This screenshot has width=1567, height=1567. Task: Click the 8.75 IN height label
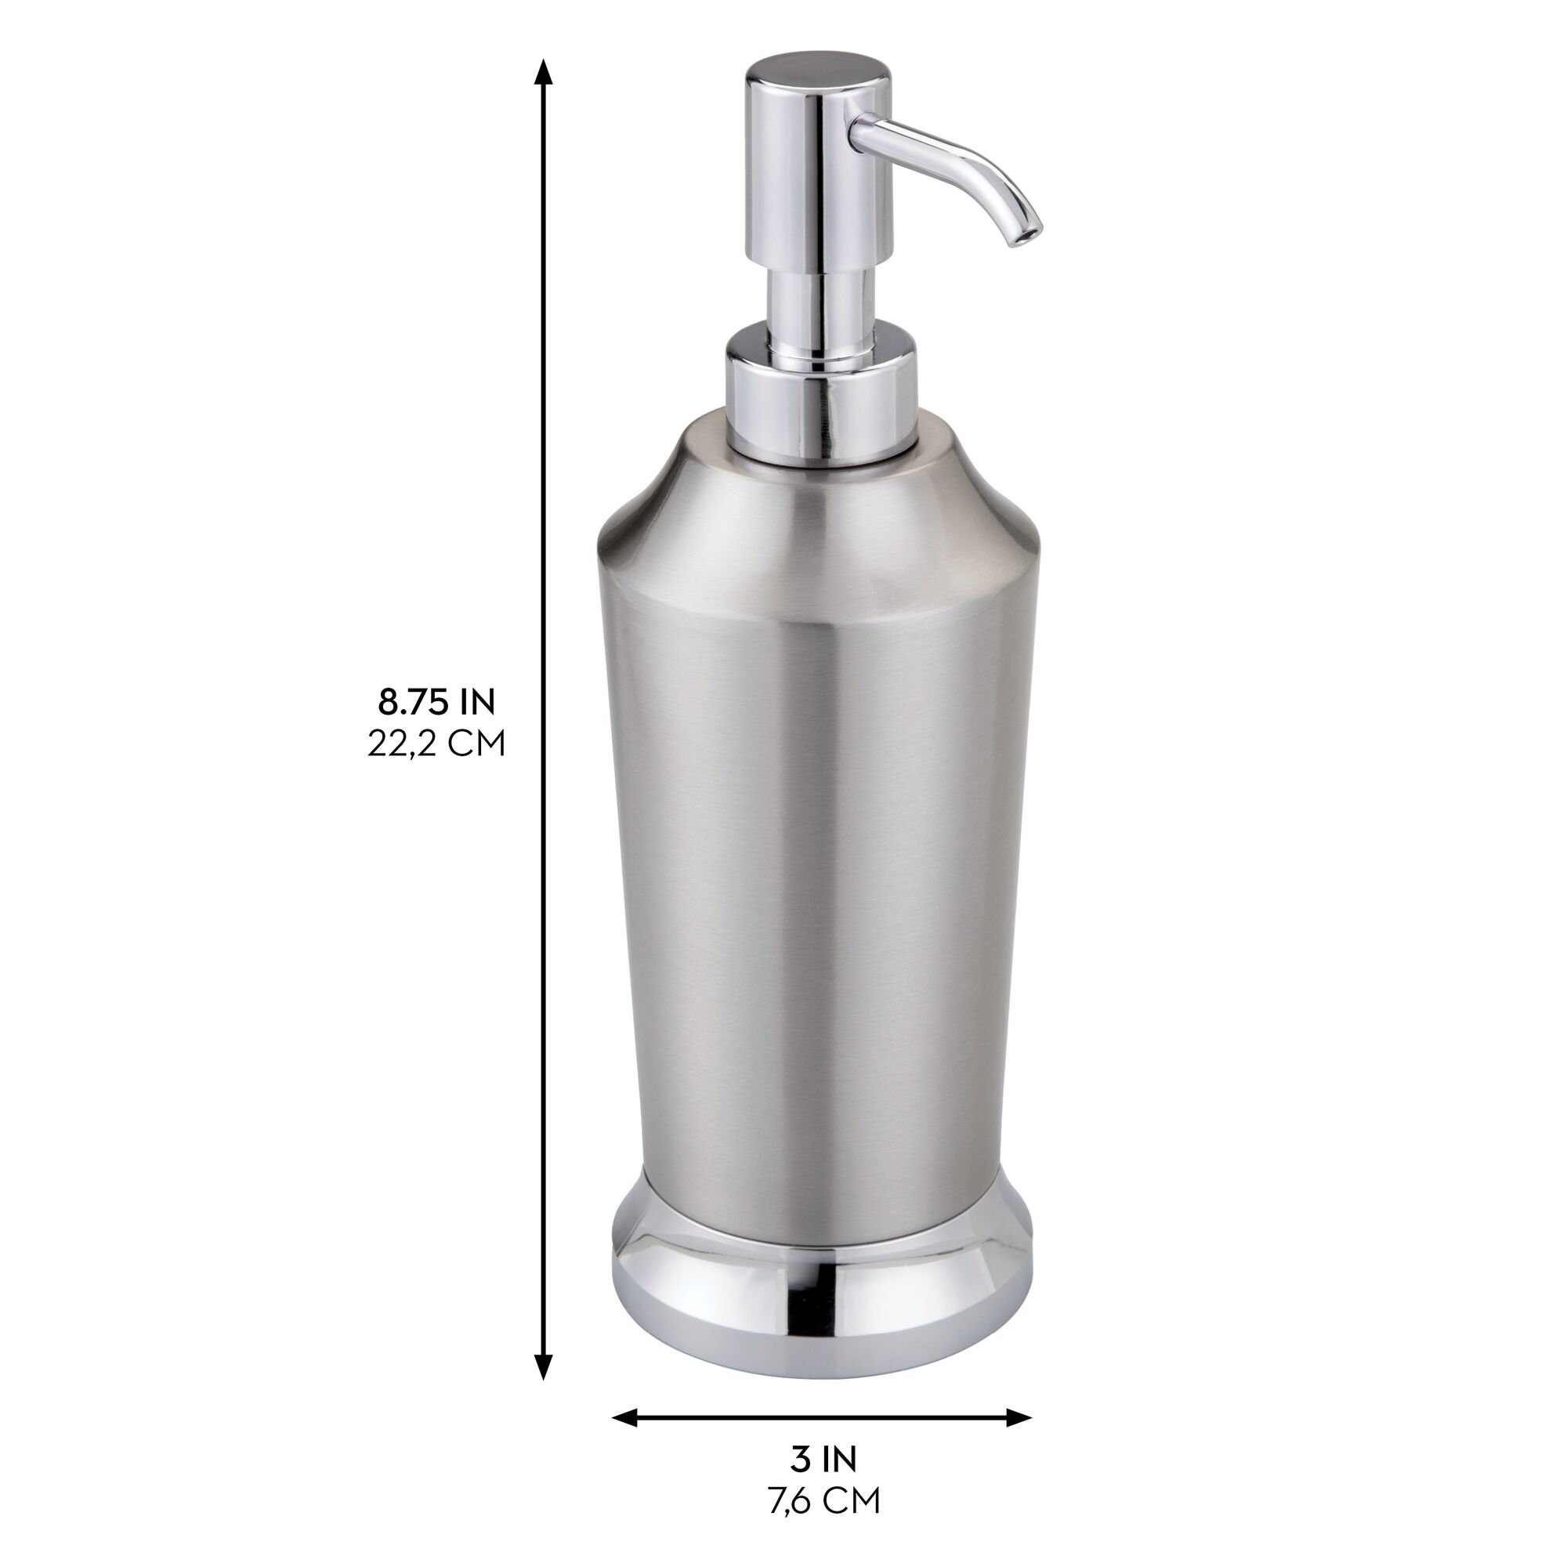(436, 701)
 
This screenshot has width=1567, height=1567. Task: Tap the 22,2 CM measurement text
(436, 743)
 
